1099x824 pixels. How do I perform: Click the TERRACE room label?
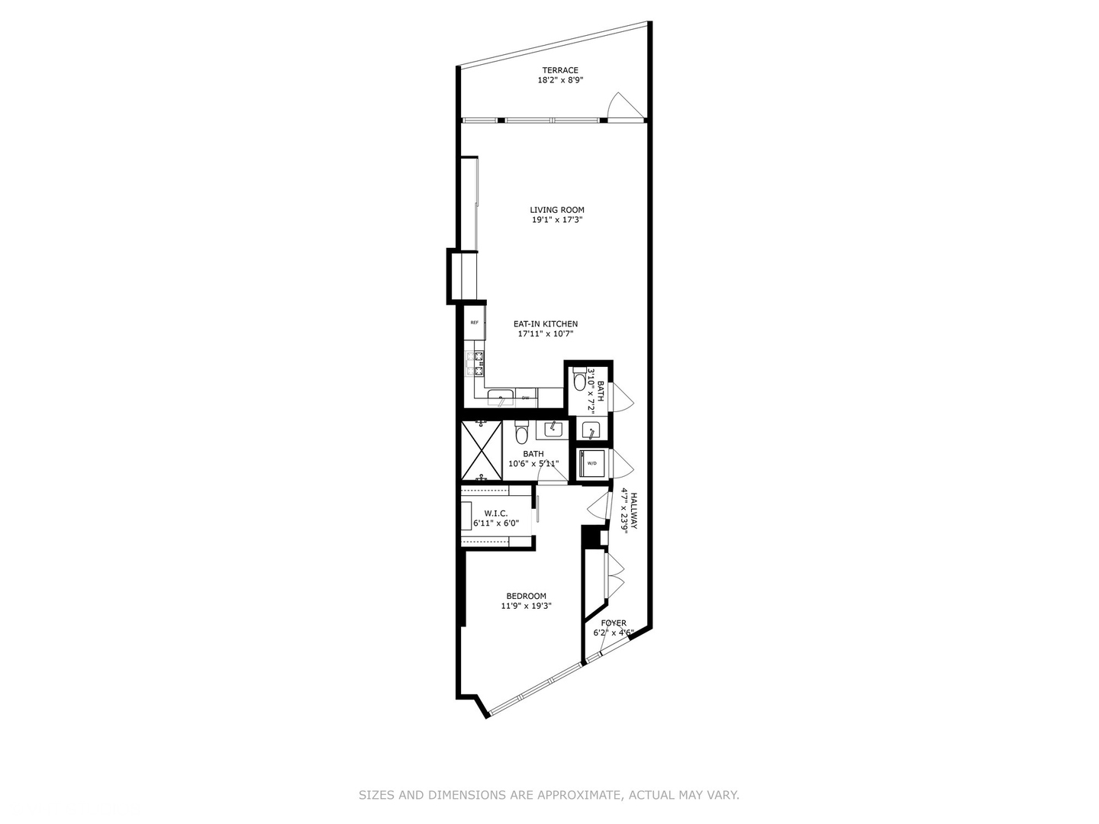tap(560, 70)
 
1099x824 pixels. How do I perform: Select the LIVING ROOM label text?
tap(557, 210)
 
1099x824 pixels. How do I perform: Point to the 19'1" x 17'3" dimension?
tap(557, 220)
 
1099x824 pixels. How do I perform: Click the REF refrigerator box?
tap(475, 323)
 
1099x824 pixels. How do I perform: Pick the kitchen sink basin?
tap(501, 398)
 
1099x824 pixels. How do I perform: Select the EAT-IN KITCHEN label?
tap(545, 323)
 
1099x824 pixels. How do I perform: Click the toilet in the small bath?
tap(580, 379)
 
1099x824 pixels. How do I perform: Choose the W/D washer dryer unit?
tap(591, 462)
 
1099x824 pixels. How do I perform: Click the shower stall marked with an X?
tap(482, 450)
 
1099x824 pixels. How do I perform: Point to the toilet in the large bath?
tap(522, 433)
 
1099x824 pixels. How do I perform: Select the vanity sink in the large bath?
tap(549, 429)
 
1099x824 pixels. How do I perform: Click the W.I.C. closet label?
tap(496, 513)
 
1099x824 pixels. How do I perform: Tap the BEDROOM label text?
tap(526, 596)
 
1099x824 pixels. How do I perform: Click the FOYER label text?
tap(614, 623)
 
